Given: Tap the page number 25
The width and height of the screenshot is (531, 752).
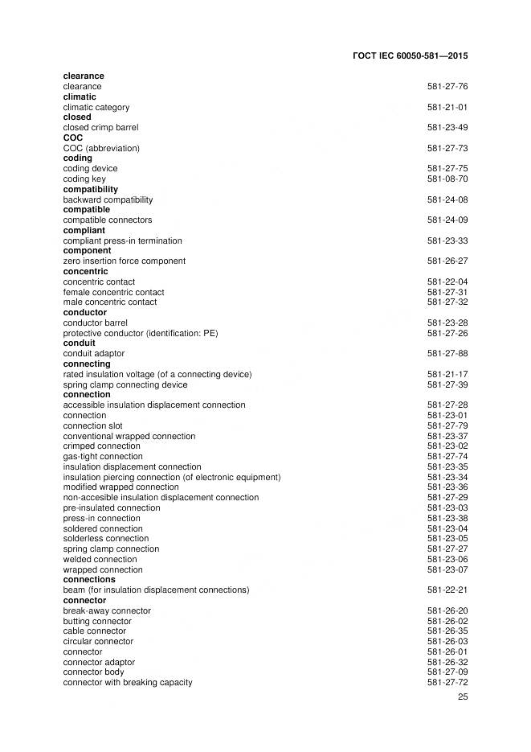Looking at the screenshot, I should tap(463, 697).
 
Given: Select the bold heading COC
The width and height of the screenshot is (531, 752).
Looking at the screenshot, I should tap(72, 138).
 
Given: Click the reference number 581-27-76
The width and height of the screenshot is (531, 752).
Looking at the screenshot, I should tap(447, 86).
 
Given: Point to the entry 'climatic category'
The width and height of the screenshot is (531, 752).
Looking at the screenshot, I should tap(96, 107).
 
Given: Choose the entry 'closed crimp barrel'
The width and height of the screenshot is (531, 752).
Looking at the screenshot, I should tap(100, 127).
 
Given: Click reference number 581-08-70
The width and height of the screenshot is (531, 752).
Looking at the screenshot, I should tap(447, 179).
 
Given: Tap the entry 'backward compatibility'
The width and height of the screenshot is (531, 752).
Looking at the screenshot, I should tap(108, 199).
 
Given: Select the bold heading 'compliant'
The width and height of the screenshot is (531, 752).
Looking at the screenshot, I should tap(84, 230).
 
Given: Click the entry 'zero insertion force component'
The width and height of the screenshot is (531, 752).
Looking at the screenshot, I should tap(124, 261).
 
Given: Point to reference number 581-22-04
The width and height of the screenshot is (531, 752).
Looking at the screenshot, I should tap(447, 281).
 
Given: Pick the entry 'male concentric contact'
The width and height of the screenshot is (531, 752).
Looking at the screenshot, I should tap(110, 302).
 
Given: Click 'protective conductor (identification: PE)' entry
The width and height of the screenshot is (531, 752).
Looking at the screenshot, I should tap(141, 333).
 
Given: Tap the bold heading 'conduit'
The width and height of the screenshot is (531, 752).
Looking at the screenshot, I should tap(79, 343).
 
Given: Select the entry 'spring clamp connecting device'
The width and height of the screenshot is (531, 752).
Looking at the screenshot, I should tap(125, 384).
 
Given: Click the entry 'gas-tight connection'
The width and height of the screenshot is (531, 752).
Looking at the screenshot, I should tap(103, 456).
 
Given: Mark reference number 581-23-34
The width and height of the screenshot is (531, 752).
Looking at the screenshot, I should tap(447, 477).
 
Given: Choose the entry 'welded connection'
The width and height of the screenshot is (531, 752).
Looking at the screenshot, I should tap(100, 559).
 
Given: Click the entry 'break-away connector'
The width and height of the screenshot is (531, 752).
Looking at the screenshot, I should tap(107, 610).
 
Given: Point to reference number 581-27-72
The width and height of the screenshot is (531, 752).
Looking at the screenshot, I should tap(447, 683).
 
